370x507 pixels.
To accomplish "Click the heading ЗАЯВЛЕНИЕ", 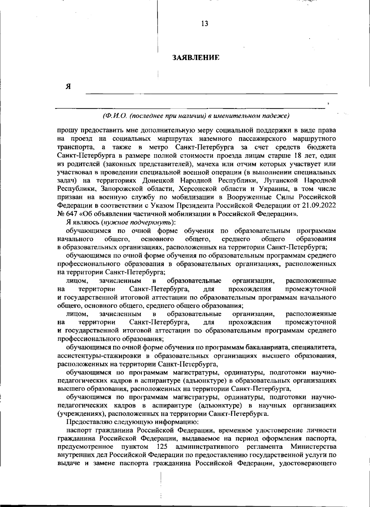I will (196, 58).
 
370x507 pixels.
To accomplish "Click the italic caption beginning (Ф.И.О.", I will (196, 116).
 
